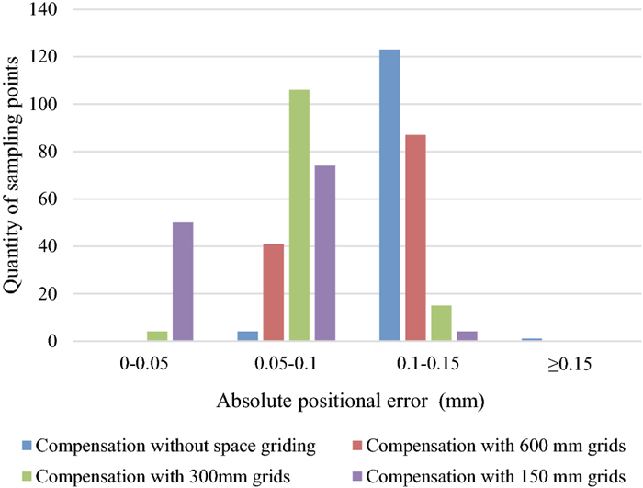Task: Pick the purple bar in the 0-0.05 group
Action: coord(182,282)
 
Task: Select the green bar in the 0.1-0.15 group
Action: coord(441,323)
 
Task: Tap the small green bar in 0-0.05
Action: coord(157,337)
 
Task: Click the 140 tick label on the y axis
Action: coord(46,10)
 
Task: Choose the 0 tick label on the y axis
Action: coord(54,342)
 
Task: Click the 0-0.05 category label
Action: coord(145,365)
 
